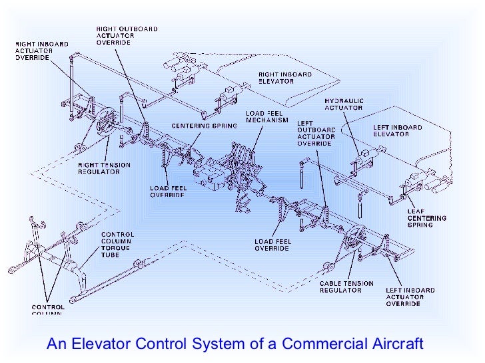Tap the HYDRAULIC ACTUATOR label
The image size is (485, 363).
pyautogui.click(x=344, y=104)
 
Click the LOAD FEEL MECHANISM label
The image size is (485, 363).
pyautogui.click(x=267, y=117)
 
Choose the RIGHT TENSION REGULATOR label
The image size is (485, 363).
pyautogui.click(x=104, y=168)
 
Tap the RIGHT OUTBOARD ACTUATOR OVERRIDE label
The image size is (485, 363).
pyautogui.click(x=117, y=36)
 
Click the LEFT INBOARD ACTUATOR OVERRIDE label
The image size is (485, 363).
pyautogui.click(x=410, y=297)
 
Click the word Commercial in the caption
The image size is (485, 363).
pyautogui.click(x=321, y=344)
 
